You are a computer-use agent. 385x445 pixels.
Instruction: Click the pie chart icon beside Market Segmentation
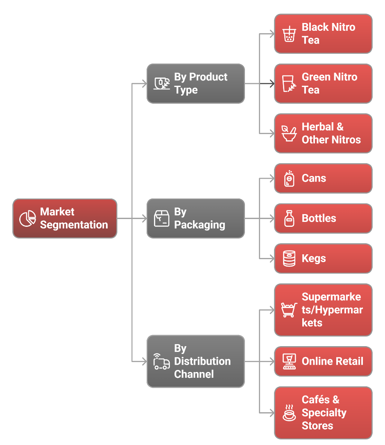28,218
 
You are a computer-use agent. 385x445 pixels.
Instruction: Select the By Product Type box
195,83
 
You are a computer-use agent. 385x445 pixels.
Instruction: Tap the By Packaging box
195,218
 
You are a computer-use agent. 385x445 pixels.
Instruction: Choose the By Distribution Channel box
195,361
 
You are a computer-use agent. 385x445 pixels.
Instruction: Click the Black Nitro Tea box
323,34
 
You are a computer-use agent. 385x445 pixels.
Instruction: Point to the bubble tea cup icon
289,34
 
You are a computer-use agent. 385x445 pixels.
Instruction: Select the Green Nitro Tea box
323,83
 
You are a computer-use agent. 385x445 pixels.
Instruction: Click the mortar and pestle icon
289,133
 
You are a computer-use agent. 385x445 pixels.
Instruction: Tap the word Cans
314,178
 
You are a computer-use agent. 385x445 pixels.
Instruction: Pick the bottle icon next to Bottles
289,218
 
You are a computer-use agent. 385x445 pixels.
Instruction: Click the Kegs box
323,258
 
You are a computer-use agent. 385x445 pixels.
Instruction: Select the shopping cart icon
289,310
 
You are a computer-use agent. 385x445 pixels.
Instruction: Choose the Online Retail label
332,361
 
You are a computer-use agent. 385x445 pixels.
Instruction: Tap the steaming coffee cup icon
289,413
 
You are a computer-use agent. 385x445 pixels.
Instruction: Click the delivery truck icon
161,362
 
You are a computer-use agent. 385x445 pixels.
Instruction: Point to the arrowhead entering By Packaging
144,218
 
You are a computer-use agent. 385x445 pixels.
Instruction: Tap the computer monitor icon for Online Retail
289,361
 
